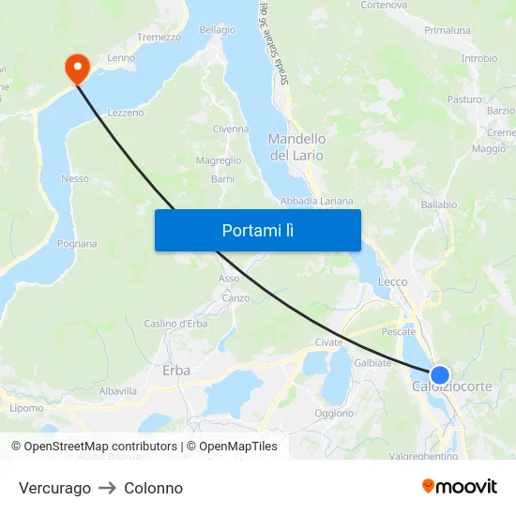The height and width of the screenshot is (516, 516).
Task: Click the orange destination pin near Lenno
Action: point(75,67)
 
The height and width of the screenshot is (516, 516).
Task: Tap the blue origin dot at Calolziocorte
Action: point(439,374)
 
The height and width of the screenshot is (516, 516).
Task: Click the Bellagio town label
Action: point(217,30)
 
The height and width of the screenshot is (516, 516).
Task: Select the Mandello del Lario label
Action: point(296,147)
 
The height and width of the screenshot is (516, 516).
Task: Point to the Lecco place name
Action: point(392,281)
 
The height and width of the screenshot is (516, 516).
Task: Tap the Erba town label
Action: point(176,371)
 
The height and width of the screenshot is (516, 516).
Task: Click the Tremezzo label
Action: point(159,37)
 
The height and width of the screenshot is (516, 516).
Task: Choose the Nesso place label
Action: point(74,178)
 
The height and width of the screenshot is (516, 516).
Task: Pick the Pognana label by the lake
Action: point(77,244)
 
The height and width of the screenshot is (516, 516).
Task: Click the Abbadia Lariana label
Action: point(317,201)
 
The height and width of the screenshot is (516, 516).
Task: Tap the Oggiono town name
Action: point(334,413)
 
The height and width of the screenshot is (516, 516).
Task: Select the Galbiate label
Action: point(372,362)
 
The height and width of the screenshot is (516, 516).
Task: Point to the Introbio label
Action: point(478,58)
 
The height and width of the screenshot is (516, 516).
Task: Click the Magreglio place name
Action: point(219,160)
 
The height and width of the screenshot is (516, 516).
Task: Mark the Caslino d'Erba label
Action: point(175,324)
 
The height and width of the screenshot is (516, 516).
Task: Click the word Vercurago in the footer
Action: point(54,488)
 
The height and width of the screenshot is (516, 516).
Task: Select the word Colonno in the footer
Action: point(153,488)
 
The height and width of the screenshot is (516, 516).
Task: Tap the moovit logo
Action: point(460,486)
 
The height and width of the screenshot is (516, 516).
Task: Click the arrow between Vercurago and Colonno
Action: point(107,488)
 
